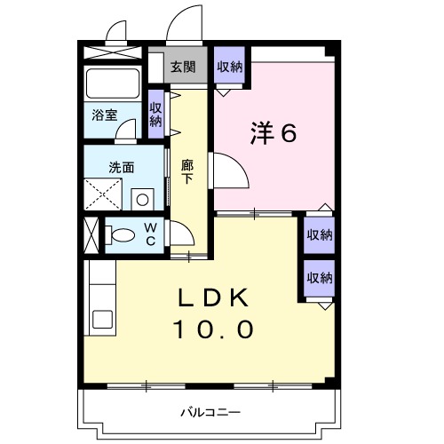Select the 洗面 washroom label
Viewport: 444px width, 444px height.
[x=121, y=166]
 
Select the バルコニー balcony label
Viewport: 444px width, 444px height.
[x=210, y=412]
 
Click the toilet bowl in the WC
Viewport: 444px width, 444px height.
[x=123, y=235]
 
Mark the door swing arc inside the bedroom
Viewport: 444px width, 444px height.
[x=227, y=170]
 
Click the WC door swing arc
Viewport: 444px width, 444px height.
[x=183, y=234]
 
